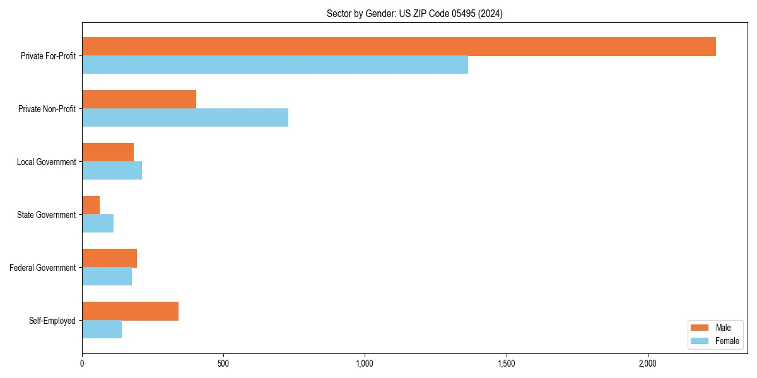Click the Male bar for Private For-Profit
(x=399, y=47)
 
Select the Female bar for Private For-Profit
(x=275, y=65)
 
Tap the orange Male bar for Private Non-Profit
(x=139, y=100)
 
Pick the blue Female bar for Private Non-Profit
(x=185, y=118)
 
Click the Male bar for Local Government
(x=108, y=152)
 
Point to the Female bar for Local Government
(x=112, y=171)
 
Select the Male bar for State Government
(x=91, y=205)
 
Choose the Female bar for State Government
(x=98, y=224)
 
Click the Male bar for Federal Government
(x=109, y=258)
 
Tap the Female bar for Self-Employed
(x=102, y=329)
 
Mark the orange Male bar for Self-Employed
(x=130, y=311)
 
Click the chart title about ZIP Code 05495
(x=414, y=13)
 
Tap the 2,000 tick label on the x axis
(x=648, y=364)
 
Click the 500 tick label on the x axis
(x=223, y=364)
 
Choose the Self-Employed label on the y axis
(x=52, y=321)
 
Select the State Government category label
(x=47, y=215)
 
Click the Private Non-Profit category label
(x=47, y=109)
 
